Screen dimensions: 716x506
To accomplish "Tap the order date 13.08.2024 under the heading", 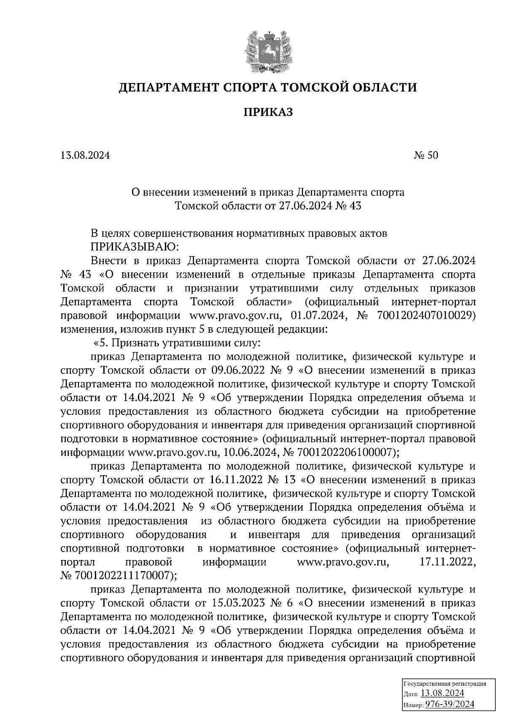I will pos(85,156).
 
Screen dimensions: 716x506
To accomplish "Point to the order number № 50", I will pos(426,156).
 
